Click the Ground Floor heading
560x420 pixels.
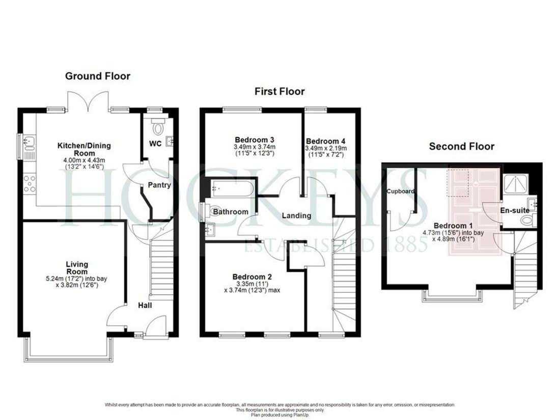click(97, 76)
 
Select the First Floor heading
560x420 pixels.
click(279, 92)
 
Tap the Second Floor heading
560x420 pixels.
click(461, 147)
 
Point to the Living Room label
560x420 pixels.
click(77, 264)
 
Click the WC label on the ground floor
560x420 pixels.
click(155, 144)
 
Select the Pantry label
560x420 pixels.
click(159, 185)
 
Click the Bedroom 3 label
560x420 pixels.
click(255, 140)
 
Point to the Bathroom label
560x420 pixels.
click(231, 212)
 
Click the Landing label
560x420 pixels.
click(297, 215)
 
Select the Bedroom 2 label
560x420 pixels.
click(252, 276)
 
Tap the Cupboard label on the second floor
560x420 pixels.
click(401, 191)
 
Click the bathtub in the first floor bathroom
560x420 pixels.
click(232, 189)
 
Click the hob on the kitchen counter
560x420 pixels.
click(29, 183)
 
